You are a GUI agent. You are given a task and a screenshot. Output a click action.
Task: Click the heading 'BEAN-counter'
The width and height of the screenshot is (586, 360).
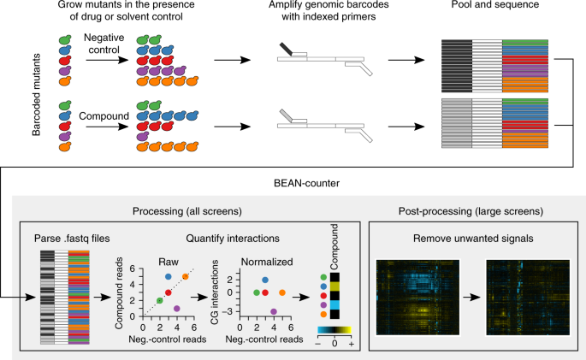pyautogui.click(x=293, y=182)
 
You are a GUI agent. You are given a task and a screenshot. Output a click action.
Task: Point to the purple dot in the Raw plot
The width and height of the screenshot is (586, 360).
pyautogui.click(x=177, y=308)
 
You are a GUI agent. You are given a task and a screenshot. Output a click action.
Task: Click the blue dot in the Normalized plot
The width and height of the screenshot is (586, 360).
pyautogui.click(x=265, y=280)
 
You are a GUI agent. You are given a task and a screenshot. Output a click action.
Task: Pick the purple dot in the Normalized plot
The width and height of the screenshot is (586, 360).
pyautogui.click(x=274, y=312)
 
